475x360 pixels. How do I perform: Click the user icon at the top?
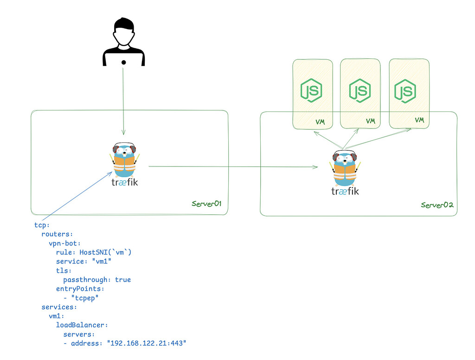pyautogui.click(x=123, y=42)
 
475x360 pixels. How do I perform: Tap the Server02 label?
pyautogui.click(x=436, y=205)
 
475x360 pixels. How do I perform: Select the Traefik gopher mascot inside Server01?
pyautogui.click(x=124, y=159)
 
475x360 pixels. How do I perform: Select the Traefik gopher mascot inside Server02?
pyautogui.click(x=345, y=168)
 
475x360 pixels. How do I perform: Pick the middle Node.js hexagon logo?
pyautogui.click(x=360, y=90)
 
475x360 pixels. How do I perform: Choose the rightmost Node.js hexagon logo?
pyautogui.click(x=405, y=90)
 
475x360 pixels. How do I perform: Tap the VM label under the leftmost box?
pyautogui.click(x=320, y=122)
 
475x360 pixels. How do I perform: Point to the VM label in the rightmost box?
pyautogui.click(x=419, y=120)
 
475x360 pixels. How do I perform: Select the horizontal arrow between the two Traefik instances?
pyautogui.click(x=232, y=166)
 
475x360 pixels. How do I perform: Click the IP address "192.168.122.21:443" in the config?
pyautogui.click(x=147, y=343)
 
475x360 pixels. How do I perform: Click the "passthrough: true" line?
pyautogui.click(x=97, y=280)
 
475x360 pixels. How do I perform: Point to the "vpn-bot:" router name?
pyautogui.click(x=64, y=243)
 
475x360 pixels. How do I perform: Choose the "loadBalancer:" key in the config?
pyautogui.click(x=82, y=325)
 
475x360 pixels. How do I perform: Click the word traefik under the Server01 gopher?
pyautogui.click(x=124, y=182)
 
